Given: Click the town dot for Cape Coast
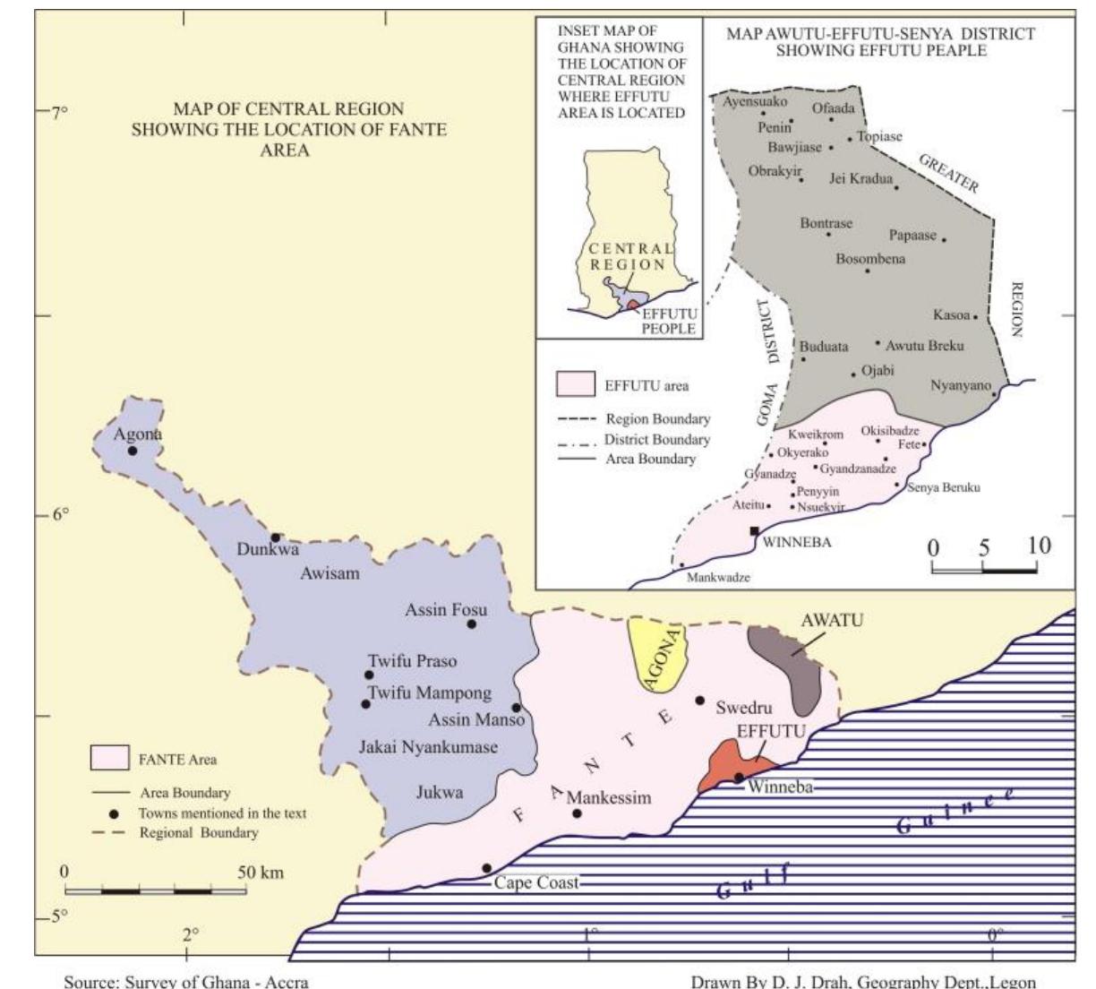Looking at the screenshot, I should (486, 868).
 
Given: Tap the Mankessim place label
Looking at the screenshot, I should (609, 797).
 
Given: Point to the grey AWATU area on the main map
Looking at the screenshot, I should (789, 662).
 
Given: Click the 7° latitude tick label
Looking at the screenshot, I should (58, 114).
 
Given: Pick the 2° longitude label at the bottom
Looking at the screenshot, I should (191, 935).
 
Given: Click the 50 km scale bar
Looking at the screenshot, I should (156, 891).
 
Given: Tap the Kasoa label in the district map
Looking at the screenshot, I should (951, 315).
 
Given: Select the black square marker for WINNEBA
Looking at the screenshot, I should (755, 531).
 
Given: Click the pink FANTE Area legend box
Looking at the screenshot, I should (109, 758).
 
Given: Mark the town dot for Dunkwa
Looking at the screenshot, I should (276, 537).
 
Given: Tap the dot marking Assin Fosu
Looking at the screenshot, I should (472, 623).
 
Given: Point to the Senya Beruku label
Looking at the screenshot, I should (943, 488).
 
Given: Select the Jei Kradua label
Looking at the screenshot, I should (861, 179).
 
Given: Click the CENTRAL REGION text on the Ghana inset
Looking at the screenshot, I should (629, 256).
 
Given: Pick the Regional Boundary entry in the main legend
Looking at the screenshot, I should (198, 833).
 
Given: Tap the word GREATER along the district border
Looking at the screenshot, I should (949, 173).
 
